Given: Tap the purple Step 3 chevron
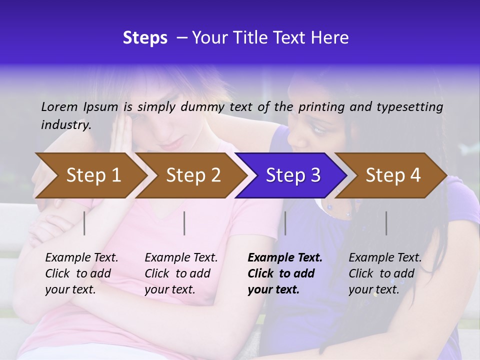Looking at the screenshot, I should [293, 175].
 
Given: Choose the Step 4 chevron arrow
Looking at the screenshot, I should [393, 175].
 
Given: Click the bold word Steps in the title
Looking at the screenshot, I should [145, 38].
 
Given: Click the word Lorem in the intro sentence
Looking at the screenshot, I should [59, 106].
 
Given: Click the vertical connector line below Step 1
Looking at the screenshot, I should [84, 223].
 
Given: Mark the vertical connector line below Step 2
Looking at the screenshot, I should [184, 223].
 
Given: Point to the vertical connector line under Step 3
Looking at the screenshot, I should [285, 223].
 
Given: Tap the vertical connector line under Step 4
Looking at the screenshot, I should [386, 223].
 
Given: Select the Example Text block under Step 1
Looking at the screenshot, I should [81, 273].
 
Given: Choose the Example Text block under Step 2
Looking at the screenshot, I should [180, 273].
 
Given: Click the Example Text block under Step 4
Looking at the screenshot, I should [384, 273].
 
